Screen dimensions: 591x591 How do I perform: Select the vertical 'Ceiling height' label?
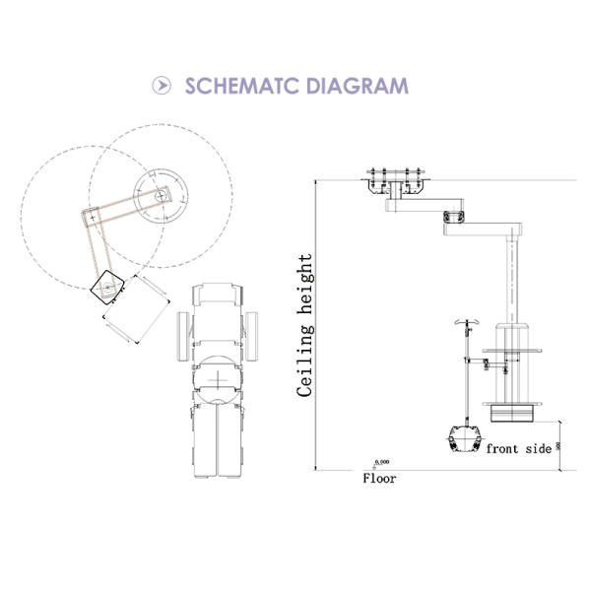[x=305, y=325]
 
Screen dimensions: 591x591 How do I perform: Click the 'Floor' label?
[x=380, y=479]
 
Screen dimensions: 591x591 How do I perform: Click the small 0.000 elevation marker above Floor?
[x=381, y=462]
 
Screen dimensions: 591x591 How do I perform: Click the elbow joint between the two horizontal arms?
[x=454, y=217]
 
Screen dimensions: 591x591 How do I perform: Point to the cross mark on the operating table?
[x=217, y=378]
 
